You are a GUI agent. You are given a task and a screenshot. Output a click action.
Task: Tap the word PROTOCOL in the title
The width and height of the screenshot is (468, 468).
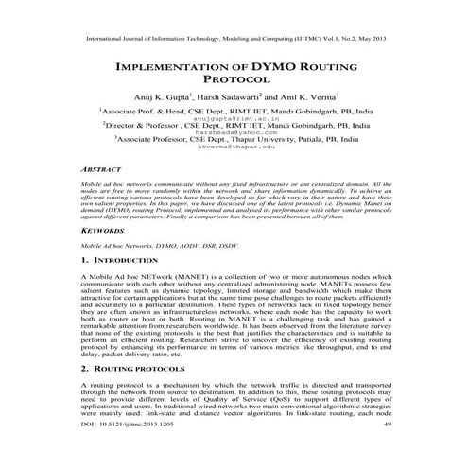234,83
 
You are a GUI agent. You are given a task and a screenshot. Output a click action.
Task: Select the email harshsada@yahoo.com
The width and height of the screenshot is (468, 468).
234,134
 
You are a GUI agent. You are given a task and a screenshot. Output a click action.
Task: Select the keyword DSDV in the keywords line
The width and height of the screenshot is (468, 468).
213,245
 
